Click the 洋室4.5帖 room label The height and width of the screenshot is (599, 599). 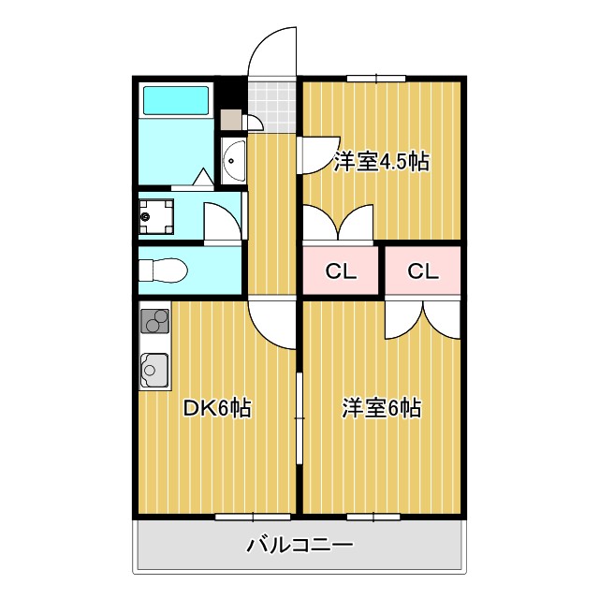pos(381,162)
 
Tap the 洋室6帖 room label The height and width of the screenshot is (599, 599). pos(381,408)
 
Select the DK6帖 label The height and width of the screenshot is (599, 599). pos(216,408)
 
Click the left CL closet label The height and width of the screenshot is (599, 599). pos(341,272)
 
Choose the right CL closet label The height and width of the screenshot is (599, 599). pos(423,272)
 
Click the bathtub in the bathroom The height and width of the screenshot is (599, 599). pos(176,100)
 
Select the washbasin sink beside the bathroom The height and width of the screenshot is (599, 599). pos(233,162)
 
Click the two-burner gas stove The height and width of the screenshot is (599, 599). pos(155,320)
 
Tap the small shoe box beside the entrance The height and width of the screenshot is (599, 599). pos(230,120)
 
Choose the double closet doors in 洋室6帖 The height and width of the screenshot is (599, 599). pos(423,318)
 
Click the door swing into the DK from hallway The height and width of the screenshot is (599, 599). pos(273,323)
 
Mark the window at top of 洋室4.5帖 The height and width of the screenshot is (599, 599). pos(375,78)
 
